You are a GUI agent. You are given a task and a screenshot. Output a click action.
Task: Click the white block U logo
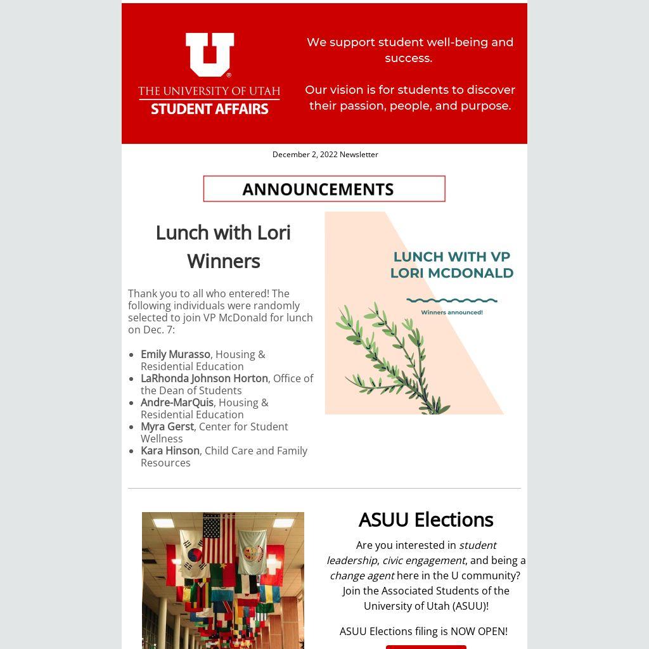210,54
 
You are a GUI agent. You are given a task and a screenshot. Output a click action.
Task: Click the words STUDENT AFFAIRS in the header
210,109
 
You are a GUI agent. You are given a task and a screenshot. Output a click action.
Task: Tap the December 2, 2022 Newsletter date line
325,155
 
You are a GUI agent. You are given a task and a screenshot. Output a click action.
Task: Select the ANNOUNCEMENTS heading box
324,189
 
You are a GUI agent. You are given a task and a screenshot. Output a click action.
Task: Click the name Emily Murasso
176,354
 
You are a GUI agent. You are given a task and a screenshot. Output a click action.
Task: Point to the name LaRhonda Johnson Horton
204,378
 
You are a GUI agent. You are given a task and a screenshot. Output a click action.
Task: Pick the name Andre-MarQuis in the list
177,402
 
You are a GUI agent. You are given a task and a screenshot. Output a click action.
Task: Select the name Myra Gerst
167,427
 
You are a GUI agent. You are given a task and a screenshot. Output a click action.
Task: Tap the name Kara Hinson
170,451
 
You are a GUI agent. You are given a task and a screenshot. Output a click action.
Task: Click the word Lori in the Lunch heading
274,233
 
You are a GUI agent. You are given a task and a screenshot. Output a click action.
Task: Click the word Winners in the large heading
223,261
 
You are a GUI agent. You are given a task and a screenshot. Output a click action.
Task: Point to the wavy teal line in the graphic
452,300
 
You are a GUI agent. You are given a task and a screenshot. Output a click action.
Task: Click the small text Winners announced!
452,312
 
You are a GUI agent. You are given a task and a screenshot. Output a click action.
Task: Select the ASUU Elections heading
426,520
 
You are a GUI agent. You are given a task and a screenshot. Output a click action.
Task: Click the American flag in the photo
219,538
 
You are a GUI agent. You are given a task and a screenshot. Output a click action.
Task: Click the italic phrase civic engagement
423,560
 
